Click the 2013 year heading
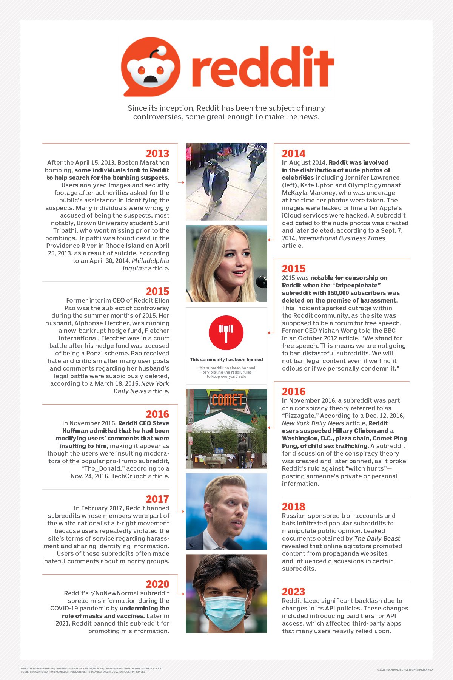(x=157, y=153)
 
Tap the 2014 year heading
(x=293, y=153)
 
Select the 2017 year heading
(x=157, y=499)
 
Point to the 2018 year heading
(x=293, y=507)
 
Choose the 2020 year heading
(x=157, y=584)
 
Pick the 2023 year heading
(x=293, y=592)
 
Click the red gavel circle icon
(x=226, y=332)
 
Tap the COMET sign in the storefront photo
(x=227, y=400)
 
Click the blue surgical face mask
(x=226, y=605)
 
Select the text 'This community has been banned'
(x=226, y=360)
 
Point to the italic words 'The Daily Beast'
(x=377, y=538)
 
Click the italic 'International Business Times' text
(x=342, y=238)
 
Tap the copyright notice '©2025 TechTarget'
(x=405, y=669)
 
